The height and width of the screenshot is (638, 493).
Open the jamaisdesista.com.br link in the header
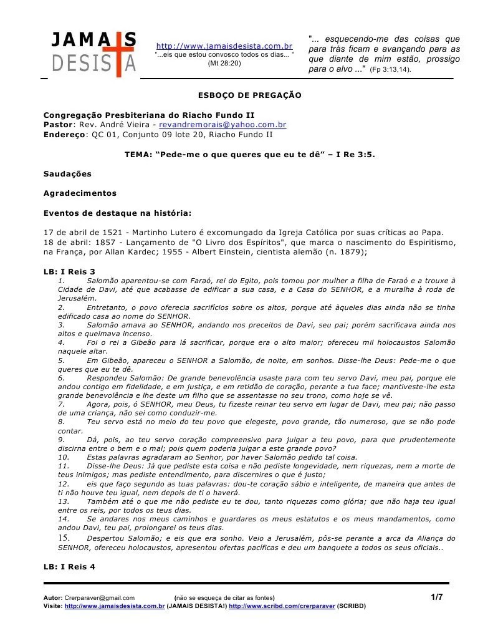pyautogui.click(x=224, y=46)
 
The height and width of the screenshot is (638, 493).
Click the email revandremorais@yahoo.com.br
pyautogui.click(x=223, y=124)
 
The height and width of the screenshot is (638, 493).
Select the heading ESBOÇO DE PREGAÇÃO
pyautogui.click(x=249, y=95)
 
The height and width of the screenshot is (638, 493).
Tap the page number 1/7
pyautogui.click(x=436, y=597)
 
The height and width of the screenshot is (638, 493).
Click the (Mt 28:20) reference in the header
pyautogui.click(x=224, y=63)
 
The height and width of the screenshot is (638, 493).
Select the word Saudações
pyautogui.click(x=67, y=173)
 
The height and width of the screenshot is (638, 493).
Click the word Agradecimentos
pyautogui.click(x=80, y=193)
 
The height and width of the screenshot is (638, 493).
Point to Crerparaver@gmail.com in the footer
pyautogui.click(x=99, y=597)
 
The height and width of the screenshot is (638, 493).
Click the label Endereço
pyautogui.click(x=64, y=133)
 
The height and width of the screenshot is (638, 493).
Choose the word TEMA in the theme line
pyautogui.click(x=136, y=153)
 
